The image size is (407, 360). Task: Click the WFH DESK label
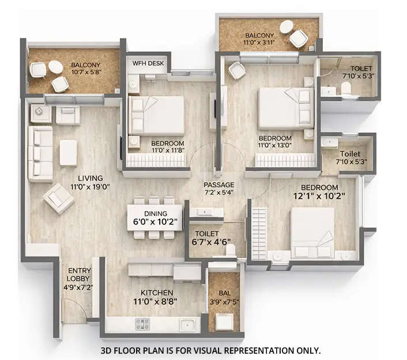coord(147,63)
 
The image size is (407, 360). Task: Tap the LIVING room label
coord(87,178)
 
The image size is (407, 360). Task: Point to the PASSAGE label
coord(219,185)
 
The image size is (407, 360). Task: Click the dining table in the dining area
coord(151,215)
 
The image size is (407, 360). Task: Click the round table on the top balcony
coord(286,26)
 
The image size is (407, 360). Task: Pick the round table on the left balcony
coord(55,67)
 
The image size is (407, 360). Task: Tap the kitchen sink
coord(186,324)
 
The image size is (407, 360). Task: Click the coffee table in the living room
coord(68,153)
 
